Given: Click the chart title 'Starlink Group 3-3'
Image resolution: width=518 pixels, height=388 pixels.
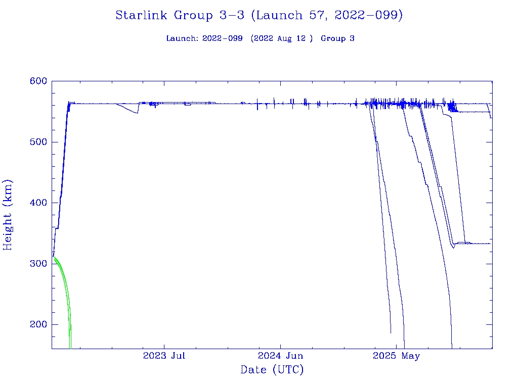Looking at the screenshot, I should [258, 16].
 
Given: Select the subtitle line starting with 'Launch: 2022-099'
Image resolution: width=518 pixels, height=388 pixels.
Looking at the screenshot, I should [260, 38].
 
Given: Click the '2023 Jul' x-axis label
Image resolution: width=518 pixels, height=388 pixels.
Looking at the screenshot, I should [164, 356].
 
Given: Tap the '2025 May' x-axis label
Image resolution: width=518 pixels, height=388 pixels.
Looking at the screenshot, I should [397, 356].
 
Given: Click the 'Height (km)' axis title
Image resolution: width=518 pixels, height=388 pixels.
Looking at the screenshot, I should [8, 215].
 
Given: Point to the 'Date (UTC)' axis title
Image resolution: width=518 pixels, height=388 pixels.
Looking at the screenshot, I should [272, 370].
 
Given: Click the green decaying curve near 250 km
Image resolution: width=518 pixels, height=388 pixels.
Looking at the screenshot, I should [66, 293].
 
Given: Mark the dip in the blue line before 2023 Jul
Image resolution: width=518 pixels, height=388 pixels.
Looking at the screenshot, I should [135, 112].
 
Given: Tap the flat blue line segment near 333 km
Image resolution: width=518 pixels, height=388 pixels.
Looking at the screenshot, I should [481, 244].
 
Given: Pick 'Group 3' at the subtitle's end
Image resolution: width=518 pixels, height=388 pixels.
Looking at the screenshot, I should [337, 38].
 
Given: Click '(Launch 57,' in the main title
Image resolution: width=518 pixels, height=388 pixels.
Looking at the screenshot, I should [290, 16].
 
